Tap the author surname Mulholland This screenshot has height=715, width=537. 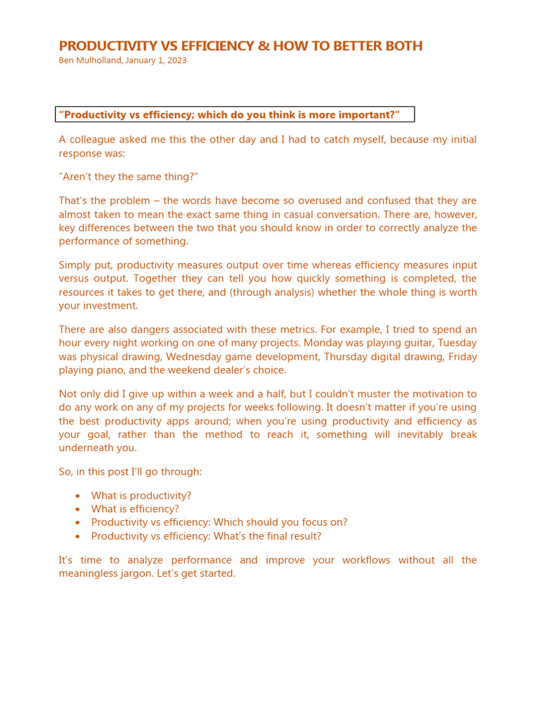click(x=103, y=61)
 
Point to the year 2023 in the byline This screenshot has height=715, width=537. click(x=176, y=61)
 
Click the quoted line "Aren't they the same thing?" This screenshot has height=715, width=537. click(x=124, y=177)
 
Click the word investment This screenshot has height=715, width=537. click(x=108, y=305)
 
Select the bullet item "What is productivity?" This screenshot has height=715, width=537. click(x=141, y=496)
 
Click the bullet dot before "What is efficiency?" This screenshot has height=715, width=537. click(x=77, y=509)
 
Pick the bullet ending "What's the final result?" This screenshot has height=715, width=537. click(x=206, y=536)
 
